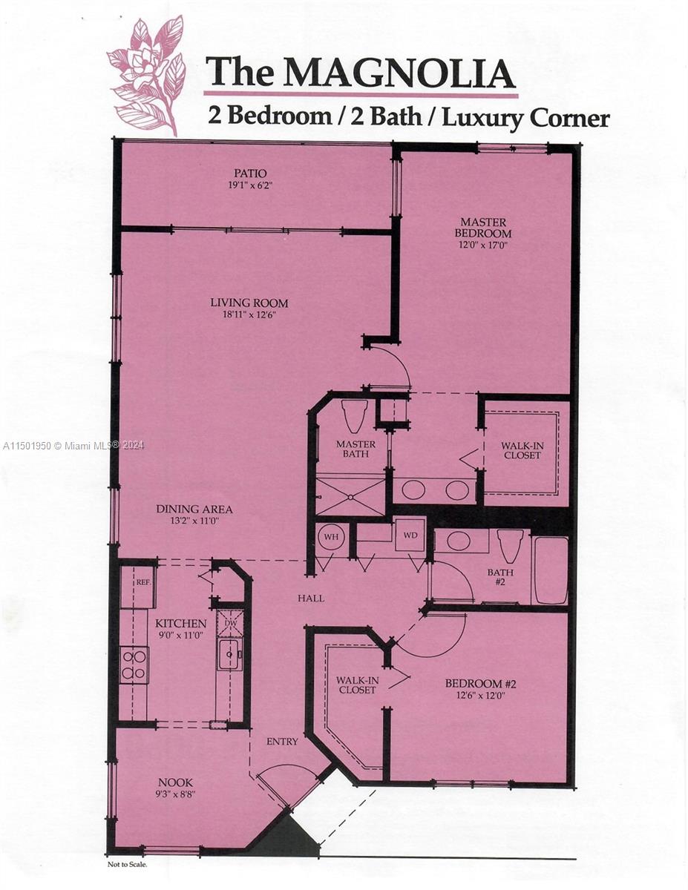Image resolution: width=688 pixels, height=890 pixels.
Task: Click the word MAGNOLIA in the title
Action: pyautogui.click(x=399, y=73)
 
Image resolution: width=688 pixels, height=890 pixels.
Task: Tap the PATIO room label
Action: pyautogui.click(x=250, y=174)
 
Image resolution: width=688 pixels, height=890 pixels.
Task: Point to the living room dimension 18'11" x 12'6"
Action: pyautogui.click(x=249, y=315)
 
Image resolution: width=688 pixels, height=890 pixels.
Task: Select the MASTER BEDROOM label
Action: pyautogui.click(x=483, y=228)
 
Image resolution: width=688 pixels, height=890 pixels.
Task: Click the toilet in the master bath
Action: pyautogui.click(x=355, y=416)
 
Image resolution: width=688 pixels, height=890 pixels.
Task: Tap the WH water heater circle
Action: pyautogui.click(x=331, y=536)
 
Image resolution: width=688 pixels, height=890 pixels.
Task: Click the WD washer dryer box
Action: pyautogui.click(x=410, y=535)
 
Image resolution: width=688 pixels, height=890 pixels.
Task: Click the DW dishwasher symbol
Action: pyautogui.click(x=231, y=623)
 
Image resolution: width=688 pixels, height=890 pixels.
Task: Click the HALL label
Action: pyautogui.click(x=311, y=599)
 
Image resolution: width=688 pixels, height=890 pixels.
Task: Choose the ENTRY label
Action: pyautogui.click(x=282, y=742)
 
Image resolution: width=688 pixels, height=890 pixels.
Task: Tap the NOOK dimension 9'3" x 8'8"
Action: pyautogui.click(x=173, y=794)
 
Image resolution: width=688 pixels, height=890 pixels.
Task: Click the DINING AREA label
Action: pyautogui.click(x=194, y=509)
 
